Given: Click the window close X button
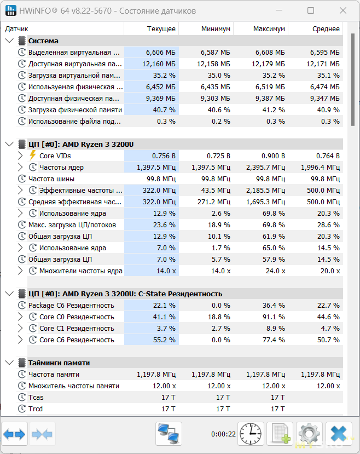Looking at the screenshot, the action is point(343,11).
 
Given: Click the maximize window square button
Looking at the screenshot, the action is point(311,11).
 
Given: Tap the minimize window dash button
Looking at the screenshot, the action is point(279,10).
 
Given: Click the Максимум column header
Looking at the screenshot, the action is point(269,29).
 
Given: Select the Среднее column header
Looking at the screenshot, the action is point(326,29).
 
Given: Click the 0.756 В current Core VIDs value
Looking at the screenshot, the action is point(164,156).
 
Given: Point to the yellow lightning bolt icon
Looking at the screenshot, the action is point(33,156).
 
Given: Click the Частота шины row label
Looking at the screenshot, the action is point(51,179).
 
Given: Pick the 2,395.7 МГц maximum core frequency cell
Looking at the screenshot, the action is point(265,168).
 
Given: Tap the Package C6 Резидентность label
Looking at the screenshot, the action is point(71,306).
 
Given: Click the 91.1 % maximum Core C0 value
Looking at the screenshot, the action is point(274,317).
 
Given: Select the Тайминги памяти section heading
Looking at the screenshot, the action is point(59,363).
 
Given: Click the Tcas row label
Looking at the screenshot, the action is point(36,397).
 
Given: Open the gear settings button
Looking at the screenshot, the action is point(309,434).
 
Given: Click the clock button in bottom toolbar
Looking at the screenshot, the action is point(251,434).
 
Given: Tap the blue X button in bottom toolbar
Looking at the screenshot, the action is point(339,434).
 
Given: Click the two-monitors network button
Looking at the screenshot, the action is point(169,434).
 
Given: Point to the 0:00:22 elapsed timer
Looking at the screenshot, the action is point(223,434).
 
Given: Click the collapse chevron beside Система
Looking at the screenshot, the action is point(9,41).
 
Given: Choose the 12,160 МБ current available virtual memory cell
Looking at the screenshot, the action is point(159,64).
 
